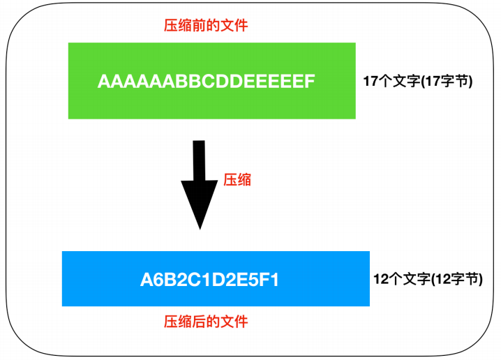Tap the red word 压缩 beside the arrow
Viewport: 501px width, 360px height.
click(237, 180)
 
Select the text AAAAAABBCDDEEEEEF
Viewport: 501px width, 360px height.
click(206, 82)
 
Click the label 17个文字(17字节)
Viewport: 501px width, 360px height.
click(418, 81)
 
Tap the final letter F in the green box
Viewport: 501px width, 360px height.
click(310, 82)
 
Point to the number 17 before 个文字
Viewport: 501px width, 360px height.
click(371, 81)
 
